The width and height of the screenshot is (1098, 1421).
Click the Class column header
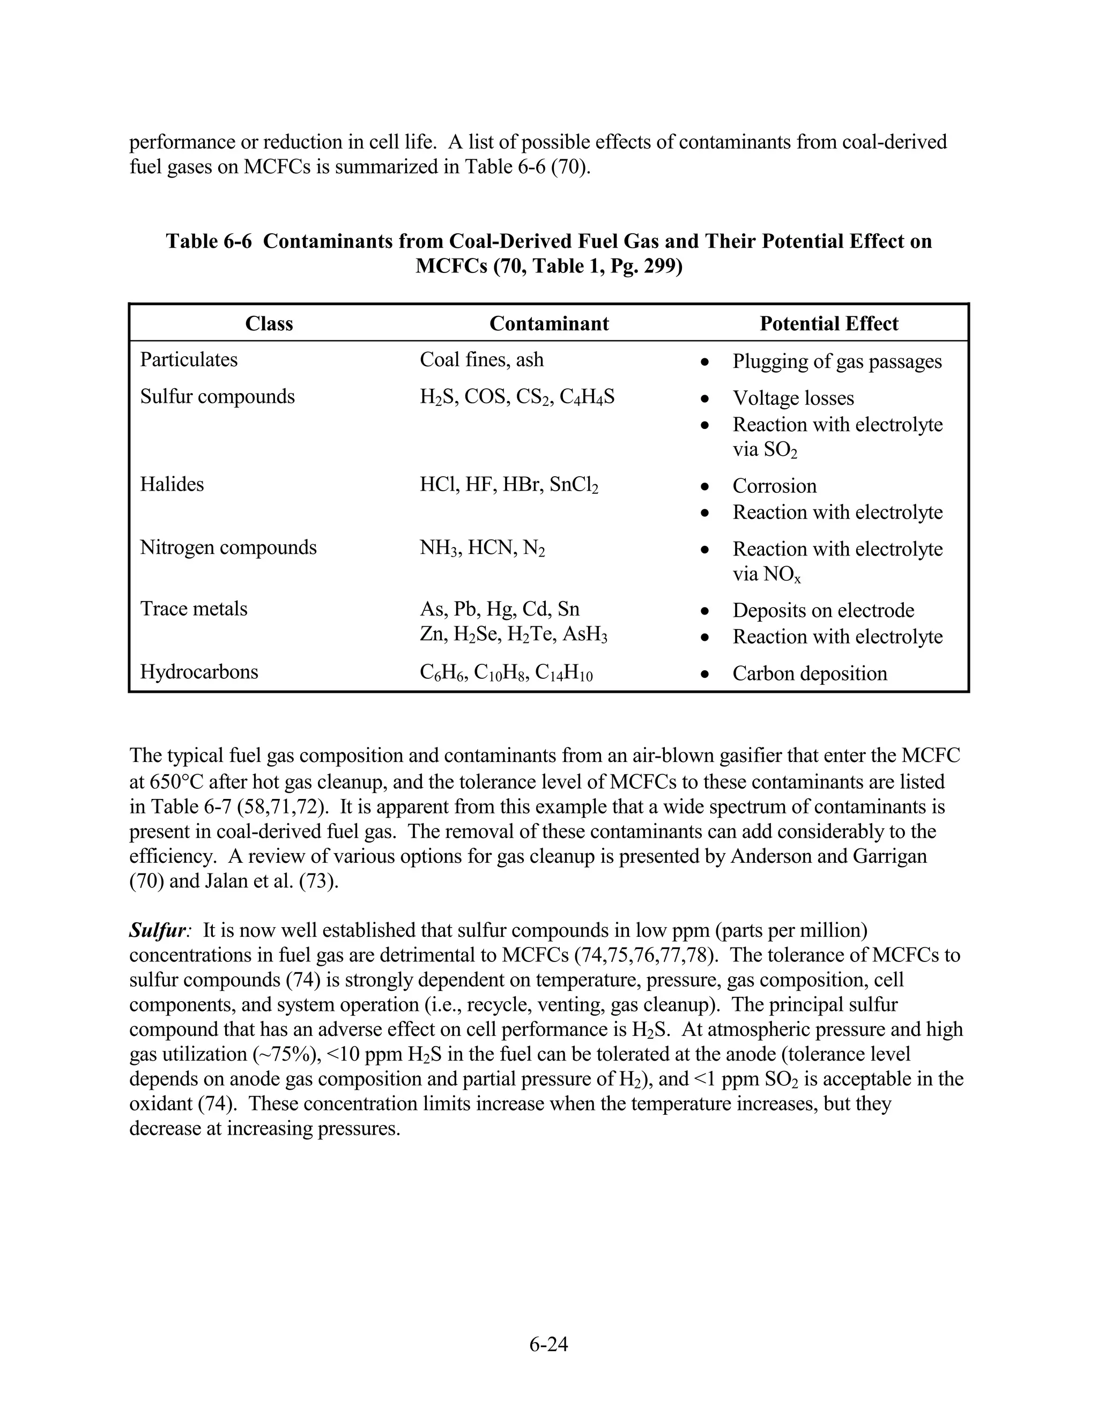269,323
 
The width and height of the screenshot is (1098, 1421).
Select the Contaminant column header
548,323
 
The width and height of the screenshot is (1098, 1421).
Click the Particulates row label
189,360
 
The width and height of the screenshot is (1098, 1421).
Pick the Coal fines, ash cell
481,360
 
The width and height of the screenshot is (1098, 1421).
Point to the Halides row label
172,484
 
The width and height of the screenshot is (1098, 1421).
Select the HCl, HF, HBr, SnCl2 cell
509,485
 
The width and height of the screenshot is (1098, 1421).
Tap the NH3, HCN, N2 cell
482,549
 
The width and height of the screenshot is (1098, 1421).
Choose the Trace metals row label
194,609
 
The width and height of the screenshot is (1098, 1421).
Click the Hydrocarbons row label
199,671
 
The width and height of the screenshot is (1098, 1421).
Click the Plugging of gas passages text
836,362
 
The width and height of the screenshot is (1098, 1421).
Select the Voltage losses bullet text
793,398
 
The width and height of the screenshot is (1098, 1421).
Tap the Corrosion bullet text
774,486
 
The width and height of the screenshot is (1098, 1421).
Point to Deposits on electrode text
823,610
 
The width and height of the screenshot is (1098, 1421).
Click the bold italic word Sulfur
158,930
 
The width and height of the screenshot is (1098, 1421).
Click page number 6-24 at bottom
548,1344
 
